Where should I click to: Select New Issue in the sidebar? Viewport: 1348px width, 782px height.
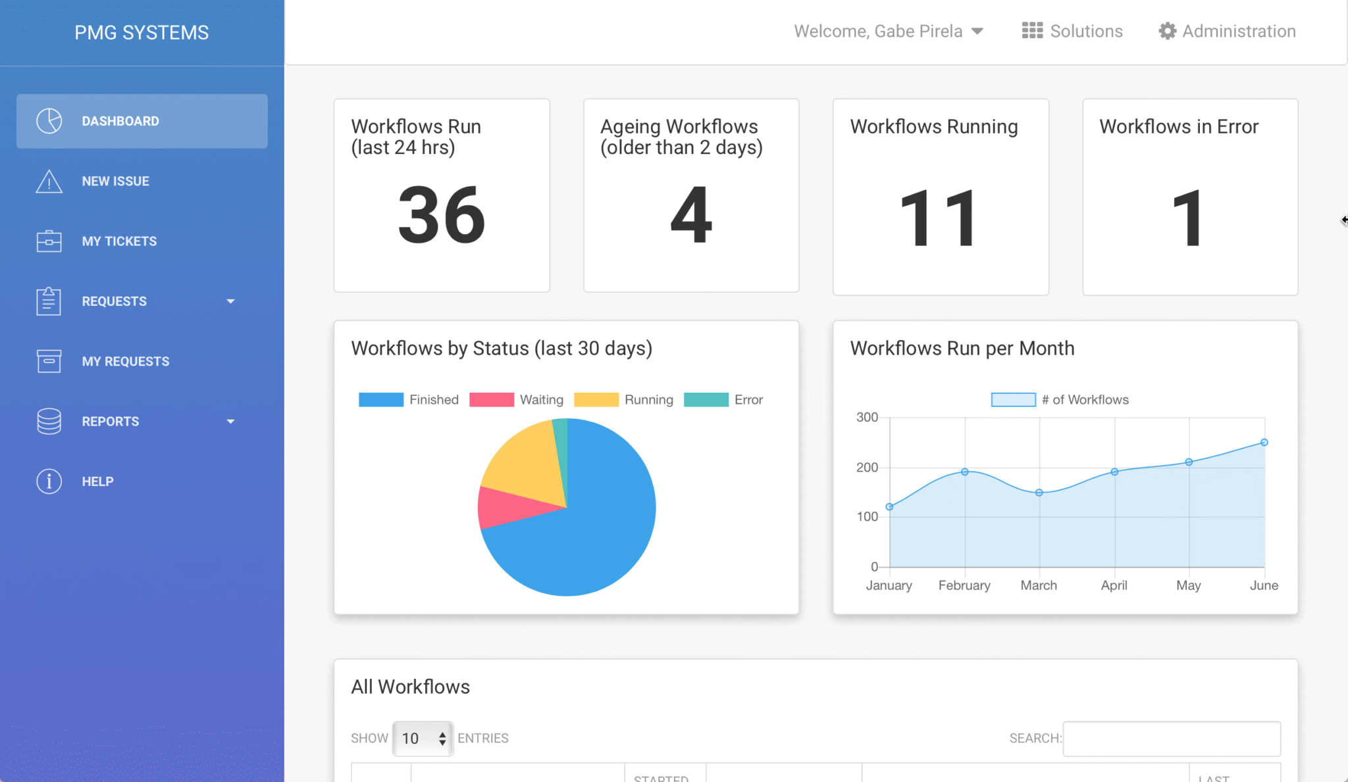115,181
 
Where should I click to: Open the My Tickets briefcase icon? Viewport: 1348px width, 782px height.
49,241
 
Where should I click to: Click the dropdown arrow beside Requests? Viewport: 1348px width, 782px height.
230,301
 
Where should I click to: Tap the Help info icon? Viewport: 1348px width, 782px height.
49,481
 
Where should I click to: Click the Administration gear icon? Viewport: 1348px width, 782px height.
1167,31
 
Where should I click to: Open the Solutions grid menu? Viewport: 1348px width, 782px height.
1032,31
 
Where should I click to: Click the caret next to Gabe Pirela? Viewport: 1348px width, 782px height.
977,31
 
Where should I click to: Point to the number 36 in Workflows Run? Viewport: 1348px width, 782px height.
442,215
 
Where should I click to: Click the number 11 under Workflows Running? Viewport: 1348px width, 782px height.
939,218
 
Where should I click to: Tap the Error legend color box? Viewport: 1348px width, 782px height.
706,400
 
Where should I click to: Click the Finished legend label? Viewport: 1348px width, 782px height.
434,400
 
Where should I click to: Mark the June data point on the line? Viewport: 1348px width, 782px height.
1264,443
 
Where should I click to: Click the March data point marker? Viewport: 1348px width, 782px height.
1039,493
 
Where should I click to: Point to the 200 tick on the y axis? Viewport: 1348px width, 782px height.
867,468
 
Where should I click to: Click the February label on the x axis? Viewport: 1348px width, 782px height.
964,585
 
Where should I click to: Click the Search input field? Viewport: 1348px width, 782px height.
1172,739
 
